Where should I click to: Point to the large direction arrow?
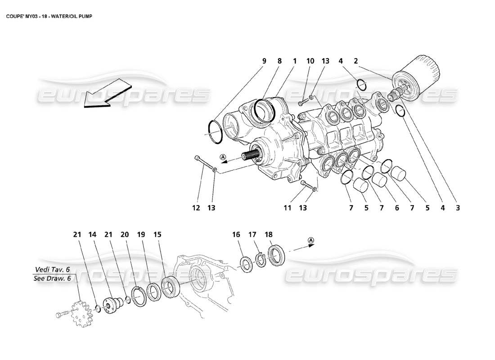(x=106, y=93)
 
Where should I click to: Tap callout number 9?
(x=264, y=61)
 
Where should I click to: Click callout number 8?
(x=279, y=61)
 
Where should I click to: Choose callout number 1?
(x=295, y=61)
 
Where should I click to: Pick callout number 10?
(x=310, y=61)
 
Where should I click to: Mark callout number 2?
(x=355, y=61)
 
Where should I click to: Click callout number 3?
(x=458, y=208)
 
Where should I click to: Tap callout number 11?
(x=288, y=208)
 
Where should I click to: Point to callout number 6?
(x=396, y=208)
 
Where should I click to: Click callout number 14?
(x=92, y=234)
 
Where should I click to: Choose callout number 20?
(x=125, y=234)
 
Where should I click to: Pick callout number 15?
(x=157, y=234)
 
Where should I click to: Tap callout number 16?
(x=236, y=234)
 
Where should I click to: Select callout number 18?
(x=269, y=234)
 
